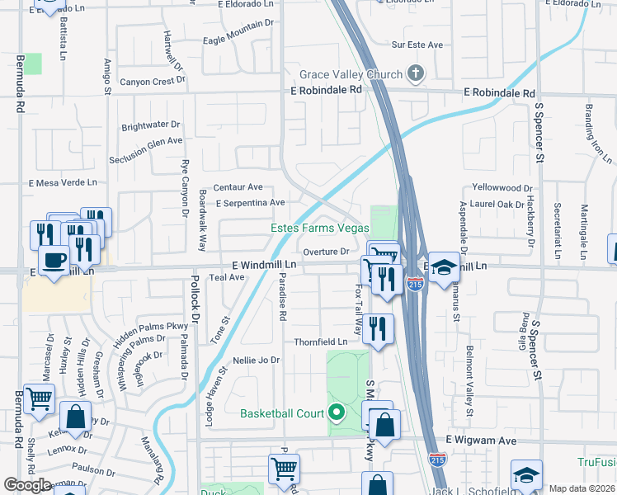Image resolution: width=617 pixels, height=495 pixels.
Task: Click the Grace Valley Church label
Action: pyautogui.click(x=350, y=75)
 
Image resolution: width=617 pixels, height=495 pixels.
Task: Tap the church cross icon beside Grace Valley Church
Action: pyautogui.click(x=416, y=74)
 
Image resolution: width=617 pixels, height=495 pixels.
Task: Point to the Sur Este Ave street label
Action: pyautogui.click(x=417, y=45)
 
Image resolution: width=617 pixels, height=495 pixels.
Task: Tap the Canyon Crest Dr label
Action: pyautogui.click(x=152, y=82)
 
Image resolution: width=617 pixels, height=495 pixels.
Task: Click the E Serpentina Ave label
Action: pyautogui.click(x=250, y=202)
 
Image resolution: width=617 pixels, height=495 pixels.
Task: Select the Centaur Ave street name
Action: pyautogui.click(x=238, y=187)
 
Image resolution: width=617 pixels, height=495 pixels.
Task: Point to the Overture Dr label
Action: pyautogui.click(x=327, y=252)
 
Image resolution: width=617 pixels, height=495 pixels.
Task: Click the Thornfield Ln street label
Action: pyautogui.click(x=321, y=342)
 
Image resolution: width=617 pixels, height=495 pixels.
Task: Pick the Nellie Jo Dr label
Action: pyautogui.click(x=257, y=361)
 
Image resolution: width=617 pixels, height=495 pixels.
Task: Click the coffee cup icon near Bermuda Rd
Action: pyautogui.click(x=54, y=262)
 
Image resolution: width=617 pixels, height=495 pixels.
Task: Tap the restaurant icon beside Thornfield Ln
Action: pyautogui.click(x=378, y=327)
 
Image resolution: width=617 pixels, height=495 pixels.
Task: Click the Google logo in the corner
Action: pyautogui.click(x=28, y=485)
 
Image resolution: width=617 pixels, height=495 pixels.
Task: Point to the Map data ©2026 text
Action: pyautogui.click(x=582, y=488)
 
